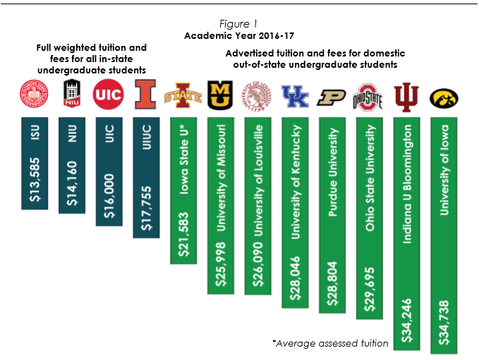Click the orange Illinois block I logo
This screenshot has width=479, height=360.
(x=145, y=96)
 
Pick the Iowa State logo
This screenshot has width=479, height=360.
(x=183, y=96)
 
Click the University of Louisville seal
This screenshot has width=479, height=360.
(x=257, y=96)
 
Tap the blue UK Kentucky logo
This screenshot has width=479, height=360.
(x=294, y=96)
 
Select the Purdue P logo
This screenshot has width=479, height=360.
(x=331, y=97)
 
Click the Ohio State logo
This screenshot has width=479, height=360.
(x=368, y=97)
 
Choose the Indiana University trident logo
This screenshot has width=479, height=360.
(x=406, y=96)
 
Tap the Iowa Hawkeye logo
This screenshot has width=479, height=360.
(x=444, y=97)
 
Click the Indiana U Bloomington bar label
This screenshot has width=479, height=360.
(x=407, y=184)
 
